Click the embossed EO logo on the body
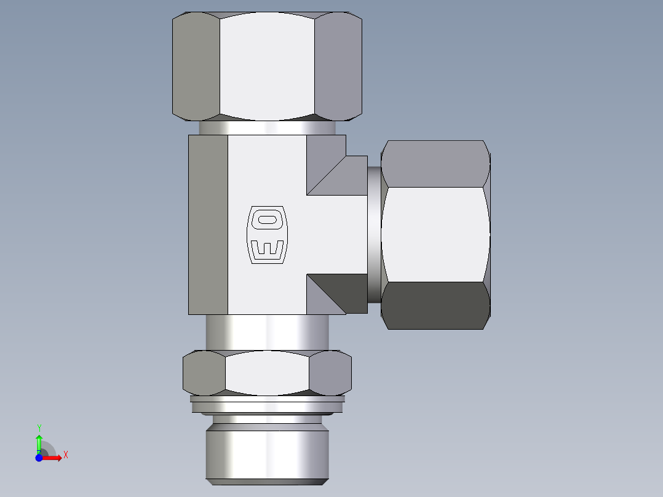pos(267,235)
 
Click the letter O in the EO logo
pos(267,219)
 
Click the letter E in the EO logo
pos(267,249)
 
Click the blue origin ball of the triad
pos(39,458)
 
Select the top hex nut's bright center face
pos(267,66)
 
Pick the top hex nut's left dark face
pos(196,66)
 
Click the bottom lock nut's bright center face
pos(267,373)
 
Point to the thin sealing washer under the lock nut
pos(267,404)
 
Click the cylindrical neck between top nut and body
pos(267,128)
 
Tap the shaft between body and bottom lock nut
pos(267,333)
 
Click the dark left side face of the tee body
pos(208,225)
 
